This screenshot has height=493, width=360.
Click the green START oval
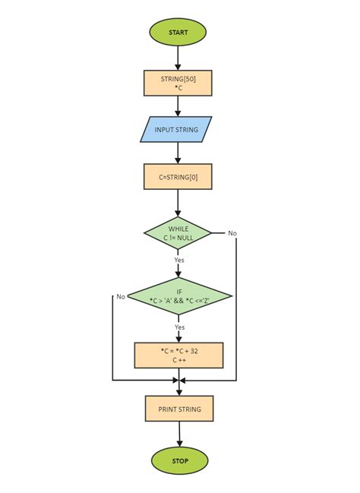coord(178,33)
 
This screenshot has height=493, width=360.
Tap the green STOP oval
coord(179,460)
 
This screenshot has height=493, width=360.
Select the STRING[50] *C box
coord(178,83)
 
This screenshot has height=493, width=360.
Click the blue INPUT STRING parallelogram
coord(176,130)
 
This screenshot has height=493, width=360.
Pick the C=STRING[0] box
coord(178,177)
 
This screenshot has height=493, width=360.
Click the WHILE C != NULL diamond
coord(178,233)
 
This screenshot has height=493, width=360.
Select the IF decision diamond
coord(179,296)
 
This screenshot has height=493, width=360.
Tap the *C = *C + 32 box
coord(178,355)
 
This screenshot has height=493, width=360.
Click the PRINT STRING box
coord(179,409)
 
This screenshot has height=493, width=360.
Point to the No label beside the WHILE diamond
coord(232,233)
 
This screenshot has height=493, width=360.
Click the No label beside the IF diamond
coord(120,296)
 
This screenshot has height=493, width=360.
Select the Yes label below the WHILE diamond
coord(179,260)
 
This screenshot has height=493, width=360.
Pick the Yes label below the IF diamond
coord(180,327)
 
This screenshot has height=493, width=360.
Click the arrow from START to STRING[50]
coord(178,58)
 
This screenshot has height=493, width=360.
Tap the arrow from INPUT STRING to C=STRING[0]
coord(178,153)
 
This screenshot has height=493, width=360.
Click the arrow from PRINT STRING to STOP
coord(179,434)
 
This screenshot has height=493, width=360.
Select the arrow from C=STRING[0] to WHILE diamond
coord(178,202)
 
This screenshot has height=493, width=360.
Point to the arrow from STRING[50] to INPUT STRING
coord(178,106)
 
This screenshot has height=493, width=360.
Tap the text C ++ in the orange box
coord(178,360)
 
